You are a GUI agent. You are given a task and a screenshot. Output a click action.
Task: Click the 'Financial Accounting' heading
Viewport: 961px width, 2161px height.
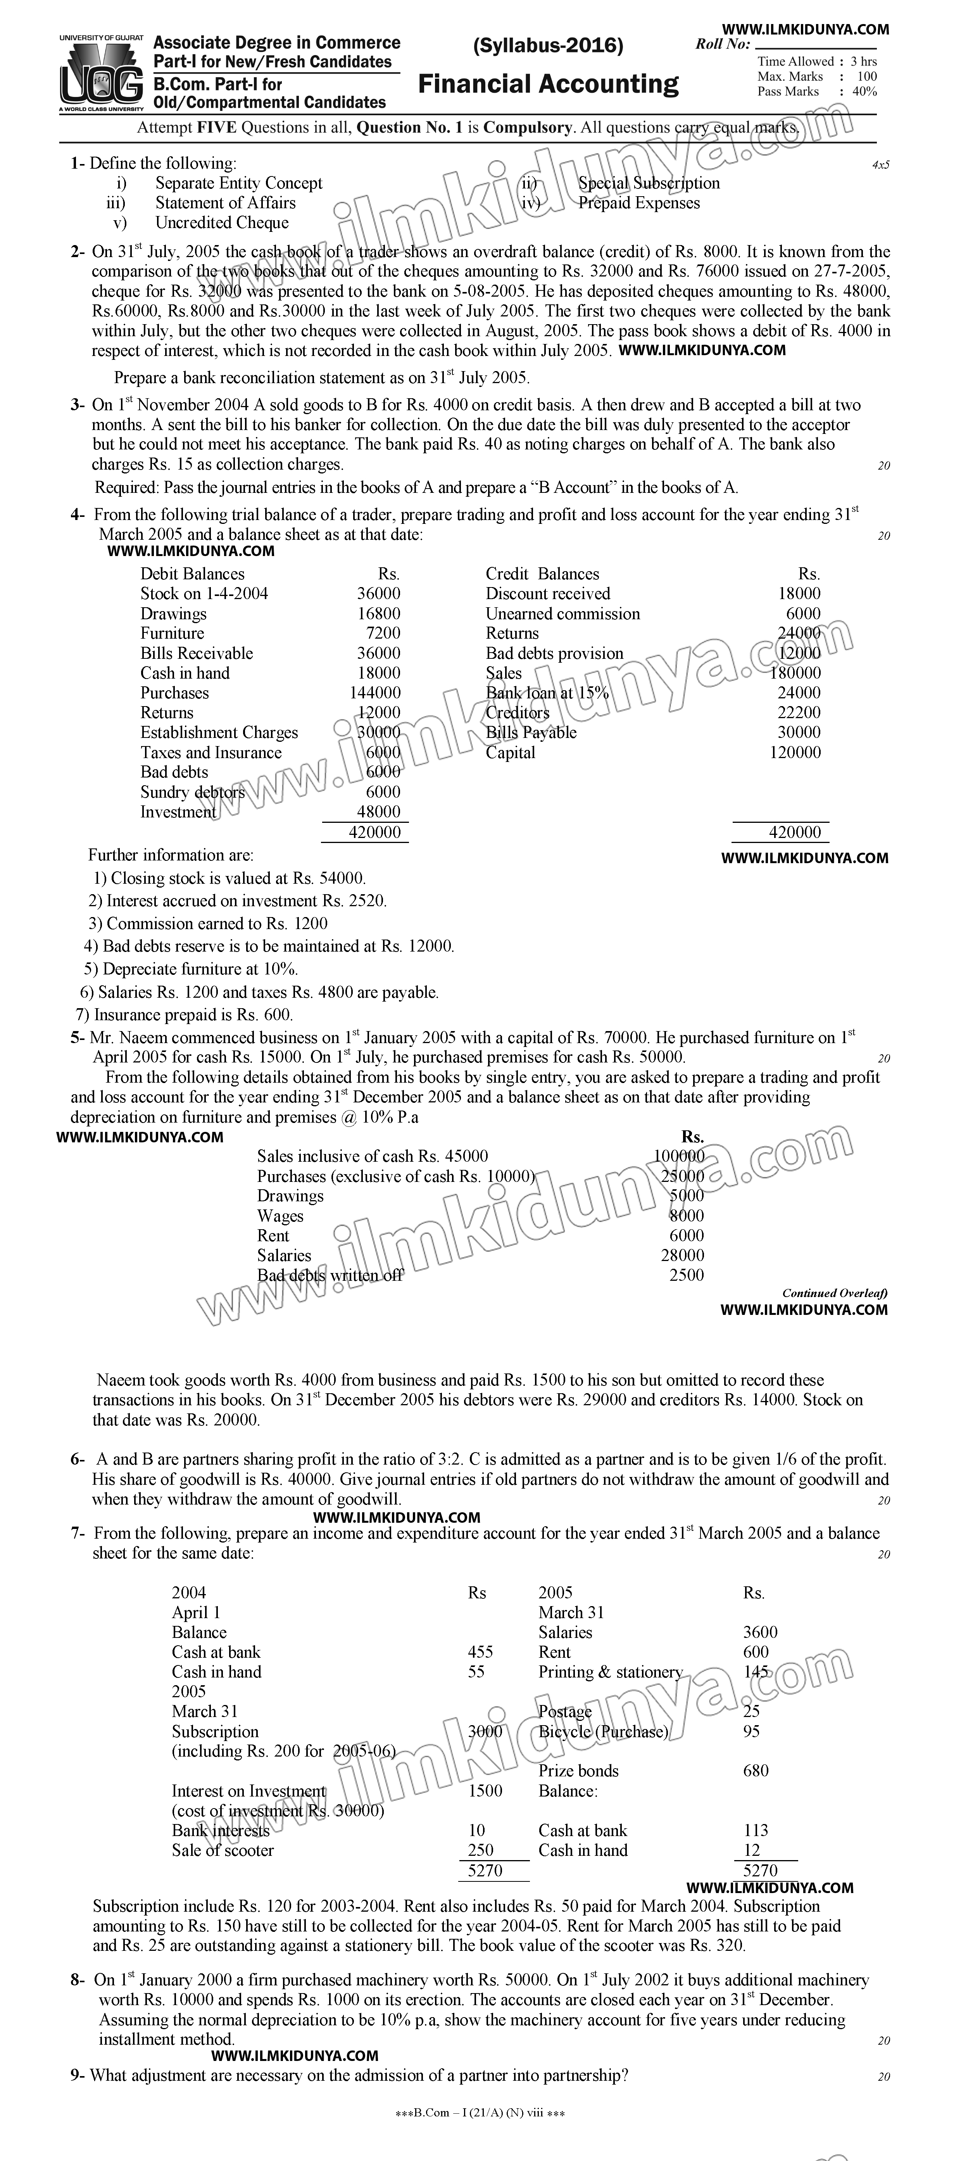pos(549,84)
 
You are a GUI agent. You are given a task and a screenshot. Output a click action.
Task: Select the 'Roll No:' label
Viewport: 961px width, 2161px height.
pos(723,45)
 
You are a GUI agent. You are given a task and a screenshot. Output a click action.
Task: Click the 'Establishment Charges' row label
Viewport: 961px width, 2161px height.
pos(219,732)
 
